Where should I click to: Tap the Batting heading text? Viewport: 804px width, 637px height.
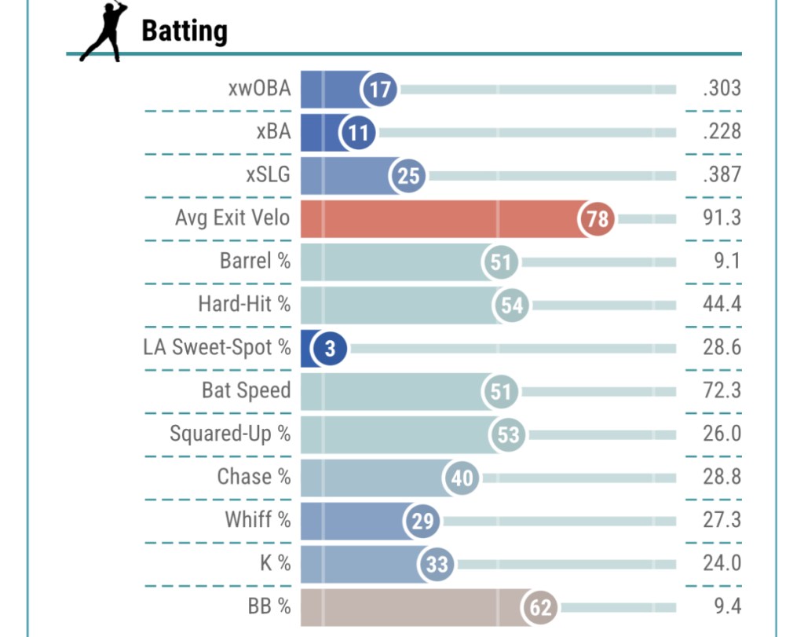tap(185, 31)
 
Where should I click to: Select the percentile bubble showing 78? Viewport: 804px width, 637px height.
tap(598, 218)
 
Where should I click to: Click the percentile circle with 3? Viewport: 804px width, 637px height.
tap(331, 348)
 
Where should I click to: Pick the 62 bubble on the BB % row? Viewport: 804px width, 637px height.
tap(541, 607)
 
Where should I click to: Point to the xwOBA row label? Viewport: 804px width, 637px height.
tap(259, 89)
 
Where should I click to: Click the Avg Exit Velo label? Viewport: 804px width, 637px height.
tap(232, 218)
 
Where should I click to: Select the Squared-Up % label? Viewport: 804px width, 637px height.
tap(230, 434)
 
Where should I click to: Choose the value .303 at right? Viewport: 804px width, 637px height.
tap(722, 88)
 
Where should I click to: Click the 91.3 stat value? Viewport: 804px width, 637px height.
tap(722, 218)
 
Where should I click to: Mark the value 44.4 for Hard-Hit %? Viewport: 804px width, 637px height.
tap(722, 304)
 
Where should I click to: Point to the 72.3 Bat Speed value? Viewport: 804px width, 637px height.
tap(722, 390)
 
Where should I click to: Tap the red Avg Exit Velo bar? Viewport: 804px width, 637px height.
tap(440, 218)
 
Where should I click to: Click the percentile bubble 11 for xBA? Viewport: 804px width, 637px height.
tap(358, 132)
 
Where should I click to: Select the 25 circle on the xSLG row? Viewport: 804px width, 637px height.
tap(408, 175)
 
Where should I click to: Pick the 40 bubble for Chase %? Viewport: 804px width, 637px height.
tap(462, 478)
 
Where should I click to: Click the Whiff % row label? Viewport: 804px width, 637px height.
tap(258, 520)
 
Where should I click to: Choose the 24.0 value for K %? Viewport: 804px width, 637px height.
tap(722, 563)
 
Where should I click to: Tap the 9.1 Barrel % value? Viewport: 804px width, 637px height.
tap(727, 261)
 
